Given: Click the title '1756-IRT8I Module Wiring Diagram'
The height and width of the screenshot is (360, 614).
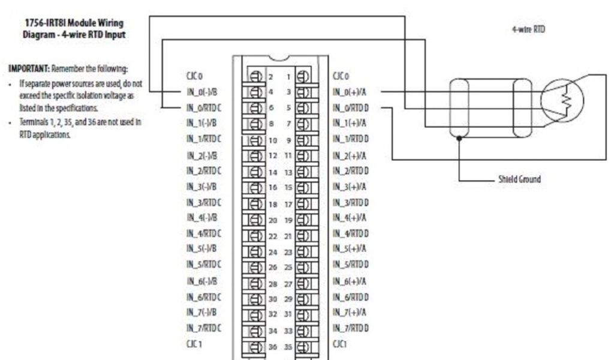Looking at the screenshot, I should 75,28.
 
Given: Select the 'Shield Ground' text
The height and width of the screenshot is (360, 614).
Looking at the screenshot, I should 520,179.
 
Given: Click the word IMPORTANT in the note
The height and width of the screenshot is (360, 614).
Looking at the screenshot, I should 28,68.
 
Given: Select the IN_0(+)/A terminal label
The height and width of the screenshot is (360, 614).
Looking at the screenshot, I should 350,92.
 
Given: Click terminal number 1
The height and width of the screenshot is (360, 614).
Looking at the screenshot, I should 288,77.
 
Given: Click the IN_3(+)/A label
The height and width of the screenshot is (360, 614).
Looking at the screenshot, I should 350,186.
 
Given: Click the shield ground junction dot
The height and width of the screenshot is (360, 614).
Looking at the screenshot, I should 459,138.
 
